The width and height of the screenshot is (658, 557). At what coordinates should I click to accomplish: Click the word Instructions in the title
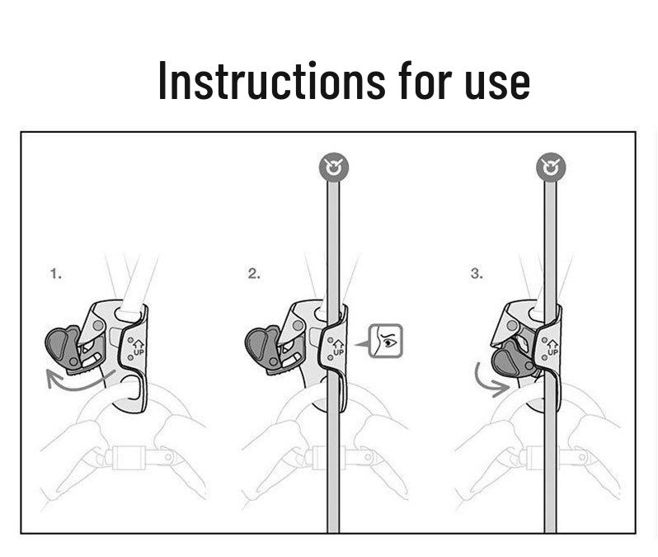click(x=271, y=80)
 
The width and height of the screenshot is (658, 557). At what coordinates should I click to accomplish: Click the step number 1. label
click(x=56, y=274)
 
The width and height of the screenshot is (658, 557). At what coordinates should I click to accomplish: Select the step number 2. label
click(x=254, y=274)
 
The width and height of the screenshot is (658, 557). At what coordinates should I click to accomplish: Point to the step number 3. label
click(x=477, y=274)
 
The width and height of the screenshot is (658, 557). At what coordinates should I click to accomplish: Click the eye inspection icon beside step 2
click(x=385, y=341)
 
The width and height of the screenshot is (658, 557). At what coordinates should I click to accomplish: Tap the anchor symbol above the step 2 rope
click(x=334, y=168)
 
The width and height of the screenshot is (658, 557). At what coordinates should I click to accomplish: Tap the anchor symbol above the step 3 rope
click(x=551, y=168)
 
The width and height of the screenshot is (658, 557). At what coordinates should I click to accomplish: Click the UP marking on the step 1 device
click(x=138, y=348)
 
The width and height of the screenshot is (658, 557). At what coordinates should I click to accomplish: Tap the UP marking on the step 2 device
click(x=338, y=348)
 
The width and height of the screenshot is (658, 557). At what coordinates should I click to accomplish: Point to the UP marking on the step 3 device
click(x=552, y=348)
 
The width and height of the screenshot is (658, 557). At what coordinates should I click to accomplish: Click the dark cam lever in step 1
click(x=63, y=347)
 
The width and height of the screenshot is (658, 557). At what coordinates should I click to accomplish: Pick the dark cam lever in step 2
click(x=263, y=347)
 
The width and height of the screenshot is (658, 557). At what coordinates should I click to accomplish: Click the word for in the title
click(x=425, y=80)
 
